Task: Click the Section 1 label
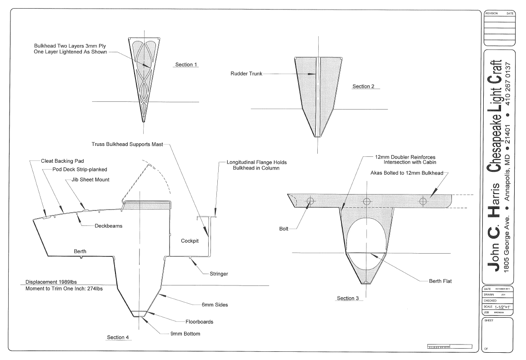tap(186, 65)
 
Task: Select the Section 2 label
tap(363, 86)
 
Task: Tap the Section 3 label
tap(348, 298)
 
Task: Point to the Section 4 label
tap(118, 337)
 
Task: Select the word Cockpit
tap(190, 240)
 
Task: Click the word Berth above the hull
tap(80, 251)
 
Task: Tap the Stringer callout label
tap(219, 274)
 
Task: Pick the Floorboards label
tap(199, 322)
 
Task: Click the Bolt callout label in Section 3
tap(284, 229)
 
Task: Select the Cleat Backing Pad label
tap(62, 161)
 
